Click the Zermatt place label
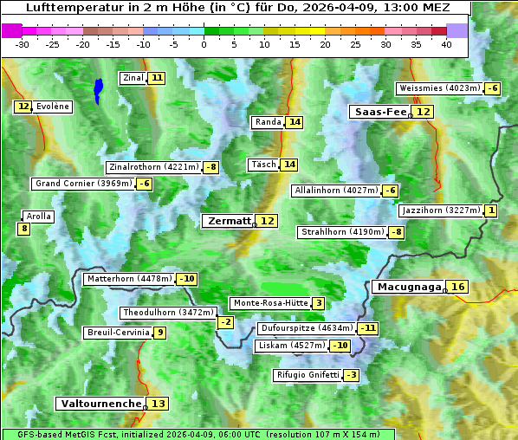pyautogui.click(x=229, y=221)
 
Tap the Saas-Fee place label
pyautogui.click(x=378, y=112)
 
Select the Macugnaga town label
pyautogui.click(x=408, y=287)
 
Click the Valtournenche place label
pyautogui.click(x=100, y=404)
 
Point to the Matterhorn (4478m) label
pyautogui.click(x=128, y=279)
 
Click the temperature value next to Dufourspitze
pyautogui.click(x=369, y=328)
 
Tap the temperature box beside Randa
pyautogui.click(x=295, y=122)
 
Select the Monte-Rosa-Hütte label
pyautogui.click(x=269, y=303)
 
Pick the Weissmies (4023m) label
pyautogui.click(x=439, y=88)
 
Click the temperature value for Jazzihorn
pyautogui.click(x=492, y=210)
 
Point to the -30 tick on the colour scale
pyautogui.click(x=23, y=44)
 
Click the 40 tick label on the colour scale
pyautogui.click(x=446, y=44)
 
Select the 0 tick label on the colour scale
pyautogui.click(x=204, y=44)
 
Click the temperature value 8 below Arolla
pyautogui.click(x=23, y=229)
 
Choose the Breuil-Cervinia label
pyautogui.click(x=118, y=333)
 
